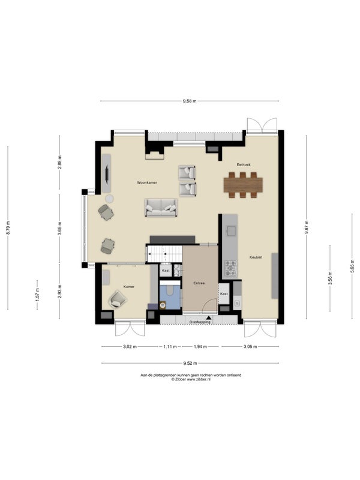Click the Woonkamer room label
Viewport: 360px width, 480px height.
147,182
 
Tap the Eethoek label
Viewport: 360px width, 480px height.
244,164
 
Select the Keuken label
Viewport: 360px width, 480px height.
256,257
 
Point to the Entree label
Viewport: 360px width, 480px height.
199,283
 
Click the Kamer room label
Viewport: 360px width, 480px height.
129,287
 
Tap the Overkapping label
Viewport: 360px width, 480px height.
200,322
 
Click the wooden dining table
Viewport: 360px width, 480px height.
243,185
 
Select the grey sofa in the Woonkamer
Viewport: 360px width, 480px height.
161,208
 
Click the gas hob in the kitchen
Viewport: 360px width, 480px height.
230,268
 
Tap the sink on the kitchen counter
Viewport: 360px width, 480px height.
231,230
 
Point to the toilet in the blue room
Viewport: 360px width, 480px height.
163,305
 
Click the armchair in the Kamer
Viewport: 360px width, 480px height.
118,299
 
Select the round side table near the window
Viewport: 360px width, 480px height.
109,199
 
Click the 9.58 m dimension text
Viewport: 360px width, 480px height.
190,101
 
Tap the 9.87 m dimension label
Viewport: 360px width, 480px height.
306,227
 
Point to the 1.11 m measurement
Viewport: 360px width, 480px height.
170,347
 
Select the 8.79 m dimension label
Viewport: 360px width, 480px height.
8,228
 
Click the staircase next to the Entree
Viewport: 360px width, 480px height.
164,254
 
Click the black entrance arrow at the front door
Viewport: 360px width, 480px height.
209,319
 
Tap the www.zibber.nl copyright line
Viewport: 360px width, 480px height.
191,379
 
